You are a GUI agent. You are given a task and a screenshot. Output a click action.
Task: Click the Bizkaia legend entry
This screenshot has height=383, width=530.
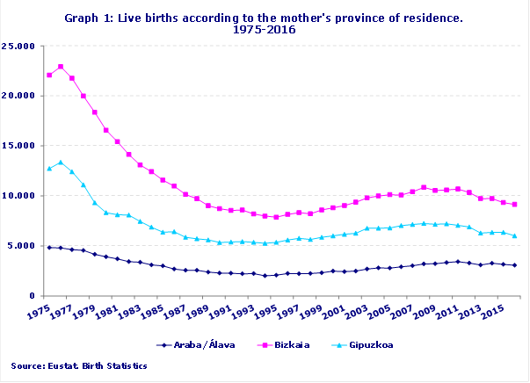coord(280,345)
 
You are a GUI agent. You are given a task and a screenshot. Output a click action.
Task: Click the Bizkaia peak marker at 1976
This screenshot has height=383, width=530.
coord(61,67)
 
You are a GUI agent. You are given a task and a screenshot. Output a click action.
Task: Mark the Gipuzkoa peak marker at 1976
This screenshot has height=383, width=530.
coord(61,162)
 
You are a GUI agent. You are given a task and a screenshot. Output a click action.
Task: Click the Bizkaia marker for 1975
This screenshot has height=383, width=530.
coord(49,75)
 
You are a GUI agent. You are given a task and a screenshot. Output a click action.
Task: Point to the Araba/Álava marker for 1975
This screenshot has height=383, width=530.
coord(49,248)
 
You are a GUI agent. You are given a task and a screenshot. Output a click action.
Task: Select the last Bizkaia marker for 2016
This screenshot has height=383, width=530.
coord(514,204)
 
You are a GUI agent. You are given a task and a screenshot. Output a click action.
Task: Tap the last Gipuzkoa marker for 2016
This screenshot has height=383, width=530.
coord(514,235)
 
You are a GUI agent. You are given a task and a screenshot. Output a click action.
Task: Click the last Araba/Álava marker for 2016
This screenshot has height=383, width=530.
coord(514,265)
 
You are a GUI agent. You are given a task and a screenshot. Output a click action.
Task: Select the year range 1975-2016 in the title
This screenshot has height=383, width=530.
coord(265,29)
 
